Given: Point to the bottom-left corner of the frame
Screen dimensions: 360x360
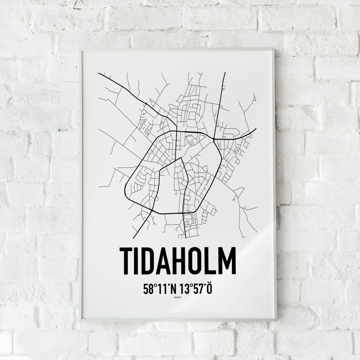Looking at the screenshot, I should click(81, 320).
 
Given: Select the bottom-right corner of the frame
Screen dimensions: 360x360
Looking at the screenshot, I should click(276, 319).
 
